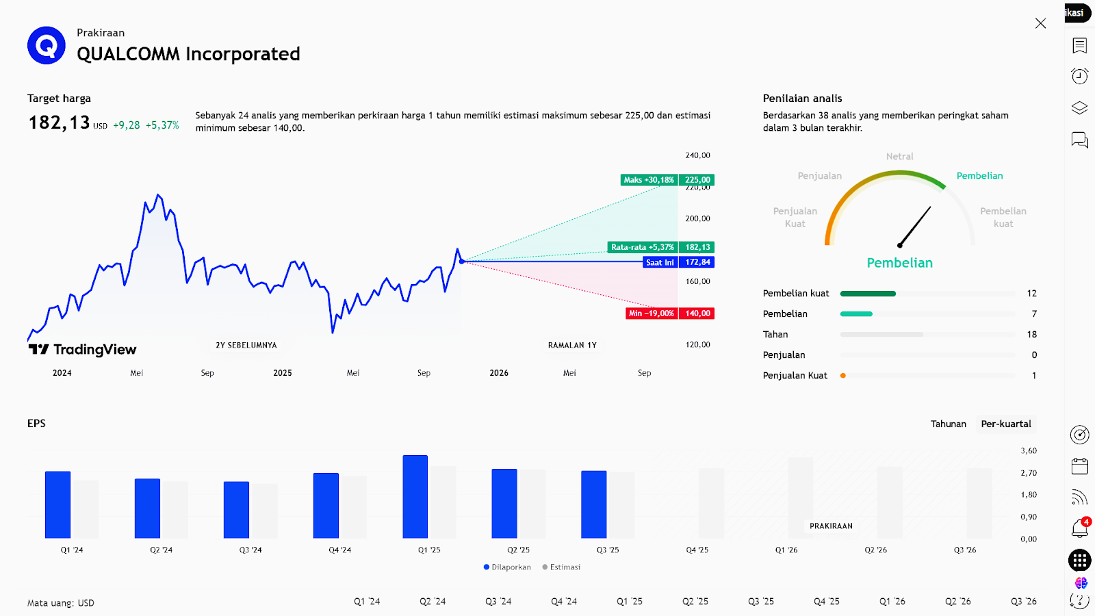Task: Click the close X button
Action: coord(1040,23)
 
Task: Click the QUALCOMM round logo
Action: coord(47,45)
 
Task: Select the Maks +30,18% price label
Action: coord(649,180)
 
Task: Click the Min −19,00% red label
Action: coord(652,313)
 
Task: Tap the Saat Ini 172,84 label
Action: coord(679,262)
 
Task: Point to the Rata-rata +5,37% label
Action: coord(643,247)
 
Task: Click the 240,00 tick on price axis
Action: coord(697,155)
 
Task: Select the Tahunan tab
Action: coord(948,424)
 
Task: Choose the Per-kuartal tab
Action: coord(1006,424)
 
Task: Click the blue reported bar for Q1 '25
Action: coord(415,497)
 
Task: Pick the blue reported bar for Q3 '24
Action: coord(236,510)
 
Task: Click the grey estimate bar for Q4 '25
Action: coord(711,503)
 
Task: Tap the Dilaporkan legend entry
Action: coord(508,567)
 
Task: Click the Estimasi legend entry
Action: coord(562,567)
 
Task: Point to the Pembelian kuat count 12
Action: coord(1031,294)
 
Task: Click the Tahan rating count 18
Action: coord(1031,335)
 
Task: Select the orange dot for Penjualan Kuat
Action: coord(843,376)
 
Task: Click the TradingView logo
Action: coord(82,350)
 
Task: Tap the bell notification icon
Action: coord(1079,528)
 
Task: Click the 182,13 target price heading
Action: coord(60,123)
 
